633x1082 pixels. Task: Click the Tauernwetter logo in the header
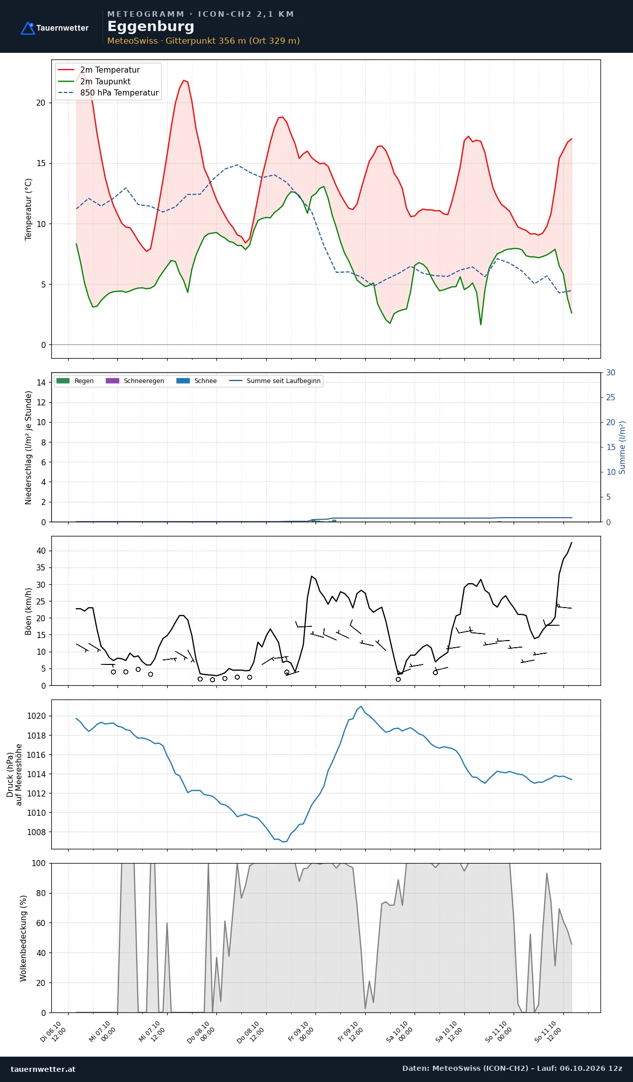[x=54, y=28]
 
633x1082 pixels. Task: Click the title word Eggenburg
[x=151, y=26]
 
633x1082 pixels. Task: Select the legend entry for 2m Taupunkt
[x=94, y=81]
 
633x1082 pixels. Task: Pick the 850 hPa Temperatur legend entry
[x=108, y=92]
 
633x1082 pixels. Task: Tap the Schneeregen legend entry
[x=135, y=380]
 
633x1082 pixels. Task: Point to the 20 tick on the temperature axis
[x=41, y=103]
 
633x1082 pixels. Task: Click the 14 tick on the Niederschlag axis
[x=41, y=383]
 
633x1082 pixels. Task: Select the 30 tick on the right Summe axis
[x=611, y=372]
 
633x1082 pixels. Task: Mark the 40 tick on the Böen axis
[x=41, y=551]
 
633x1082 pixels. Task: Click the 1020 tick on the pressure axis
[x=36, y=716]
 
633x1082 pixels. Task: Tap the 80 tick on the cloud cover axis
[x=41, y=893]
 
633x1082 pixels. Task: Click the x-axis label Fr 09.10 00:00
[x=301, y=1031]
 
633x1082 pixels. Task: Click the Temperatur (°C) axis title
[x=28, y=209]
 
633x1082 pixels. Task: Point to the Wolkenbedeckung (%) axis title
[x=23, y=938]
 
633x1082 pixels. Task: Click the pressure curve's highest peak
[x=361, y=706]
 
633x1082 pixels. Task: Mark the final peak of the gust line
[x=572, y=543]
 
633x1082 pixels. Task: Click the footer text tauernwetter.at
[x=43, y=1069]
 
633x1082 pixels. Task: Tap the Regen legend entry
[x=75, y=380]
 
